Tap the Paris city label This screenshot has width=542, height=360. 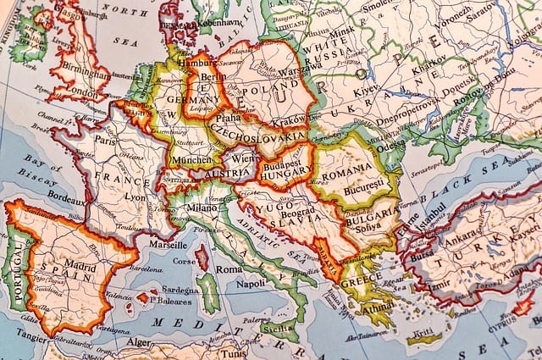[x=105, y=141]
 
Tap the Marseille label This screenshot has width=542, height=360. [x=167, y=245]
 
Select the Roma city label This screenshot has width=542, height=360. [x=227, y=269]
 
